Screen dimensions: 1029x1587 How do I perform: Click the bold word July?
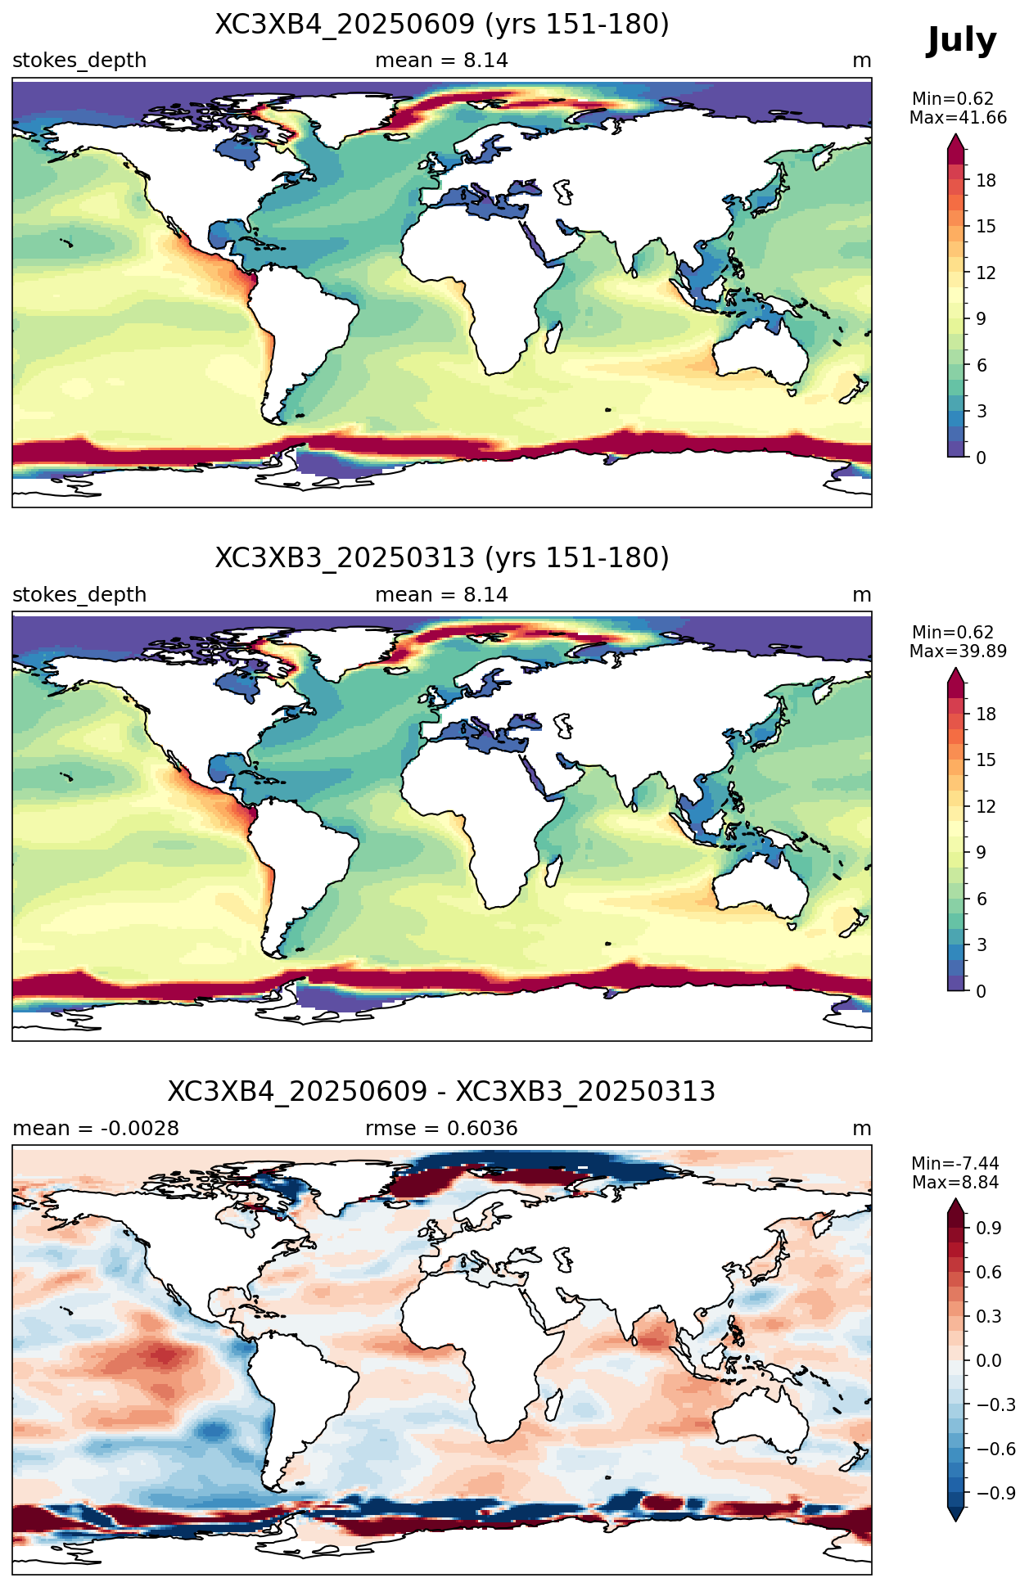click(x=961, y=41)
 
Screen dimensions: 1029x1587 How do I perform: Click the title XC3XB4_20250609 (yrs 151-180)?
click(x=442, y=25)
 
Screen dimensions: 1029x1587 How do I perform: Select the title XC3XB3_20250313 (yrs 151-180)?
click(x=442, y=558)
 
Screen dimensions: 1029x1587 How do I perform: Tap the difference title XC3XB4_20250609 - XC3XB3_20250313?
click(x=442, y=1092)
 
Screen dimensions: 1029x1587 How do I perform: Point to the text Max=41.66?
click(x=958, y=118)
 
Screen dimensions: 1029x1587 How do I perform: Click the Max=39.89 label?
click(x=958, y=651)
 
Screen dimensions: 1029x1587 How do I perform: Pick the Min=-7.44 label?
click(x=955, y=1164)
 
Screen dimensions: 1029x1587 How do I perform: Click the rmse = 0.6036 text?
click(x=441, y=1129)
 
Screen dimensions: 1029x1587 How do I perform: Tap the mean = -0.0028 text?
click(x=96, y=1129)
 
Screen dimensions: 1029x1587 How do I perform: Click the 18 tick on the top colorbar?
click(x=986, y=181)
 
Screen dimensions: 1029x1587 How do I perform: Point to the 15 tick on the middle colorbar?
click(x=986, y=760)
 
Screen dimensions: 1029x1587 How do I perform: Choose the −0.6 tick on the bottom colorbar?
click(x=995, y=1449)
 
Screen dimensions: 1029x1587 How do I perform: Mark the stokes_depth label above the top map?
click(x=79, y=61)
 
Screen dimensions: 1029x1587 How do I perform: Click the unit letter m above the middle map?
click(x=862, y=596)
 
